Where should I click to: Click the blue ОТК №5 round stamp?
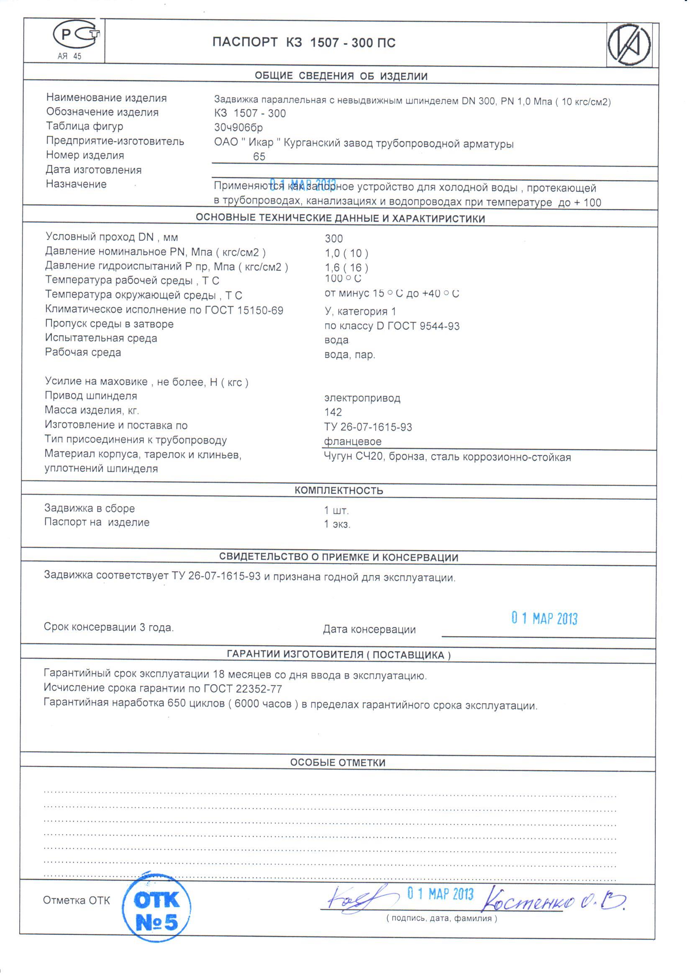click(156, 910)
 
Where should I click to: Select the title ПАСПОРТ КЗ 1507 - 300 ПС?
click(304, 43)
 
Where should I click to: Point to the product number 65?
click(259, 157)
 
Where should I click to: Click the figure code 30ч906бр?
click(238, 127)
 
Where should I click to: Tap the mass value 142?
click(333, 412)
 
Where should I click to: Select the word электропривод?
click(362, 398)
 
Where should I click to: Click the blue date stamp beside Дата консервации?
click(544, 619)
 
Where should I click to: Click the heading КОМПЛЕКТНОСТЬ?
click(339, 490)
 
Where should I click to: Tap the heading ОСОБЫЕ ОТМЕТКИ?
click(338, 762)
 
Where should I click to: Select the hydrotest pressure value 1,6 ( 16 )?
click(346, 267)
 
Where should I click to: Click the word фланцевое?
click(352, 442)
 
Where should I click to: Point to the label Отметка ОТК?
click(76, 900)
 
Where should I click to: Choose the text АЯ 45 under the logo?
click(69, 56)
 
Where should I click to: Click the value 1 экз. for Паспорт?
click(337, 524)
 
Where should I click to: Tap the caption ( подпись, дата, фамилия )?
click(441, 918)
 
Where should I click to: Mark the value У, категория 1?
click(360, 311)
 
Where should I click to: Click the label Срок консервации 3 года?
click(109, 627)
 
